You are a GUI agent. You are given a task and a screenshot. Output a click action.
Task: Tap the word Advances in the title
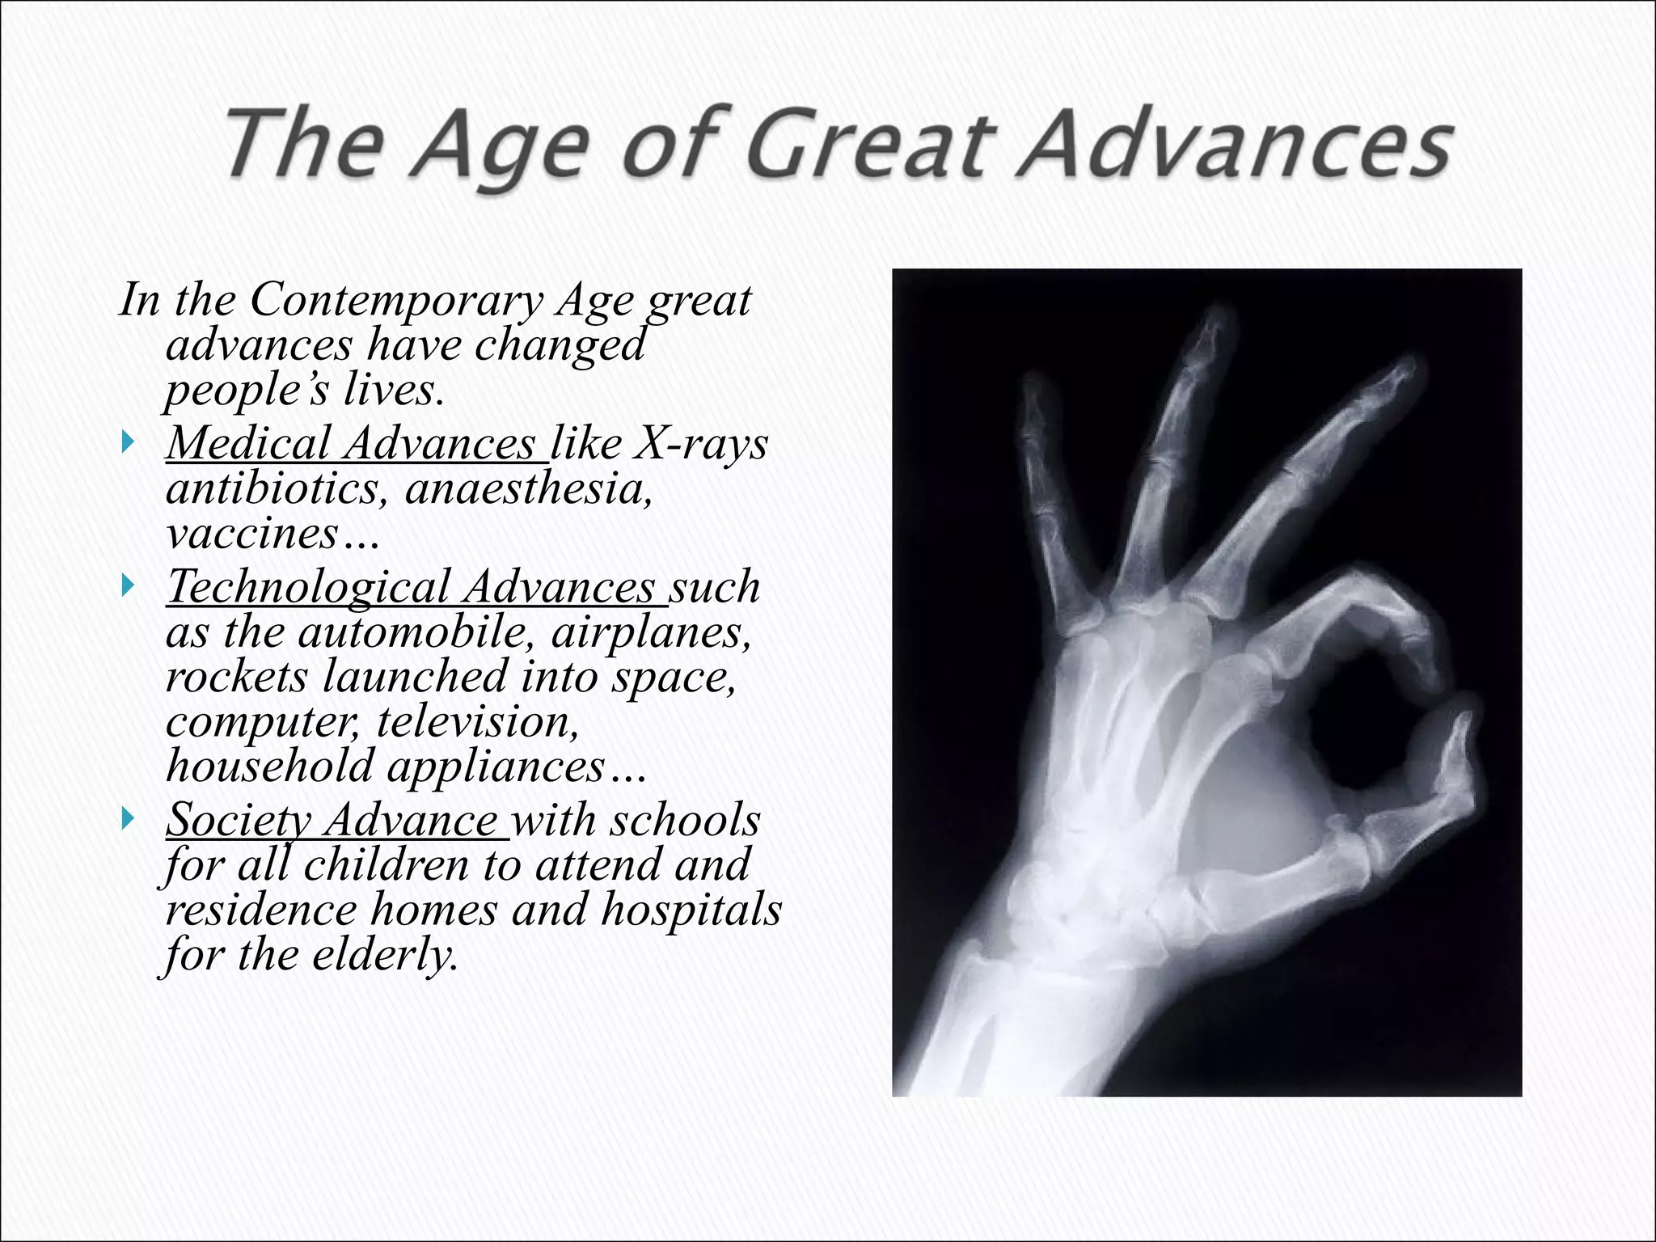[1233, 146]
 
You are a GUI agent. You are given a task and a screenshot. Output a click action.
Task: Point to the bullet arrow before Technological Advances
[127, 585]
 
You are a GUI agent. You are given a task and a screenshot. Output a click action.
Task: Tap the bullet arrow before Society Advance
[127, 819]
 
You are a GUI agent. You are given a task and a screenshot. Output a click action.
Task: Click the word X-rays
[700, 443]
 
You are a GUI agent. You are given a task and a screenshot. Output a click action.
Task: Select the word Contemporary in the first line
[396, 300]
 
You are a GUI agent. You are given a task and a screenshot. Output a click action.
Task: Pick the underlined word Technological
[308, 586]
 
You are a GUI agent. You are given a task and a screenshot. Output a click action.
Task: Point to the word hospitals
[691, 910]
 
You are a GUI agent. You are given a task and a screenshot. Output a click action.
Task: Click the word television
[478, 721]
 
